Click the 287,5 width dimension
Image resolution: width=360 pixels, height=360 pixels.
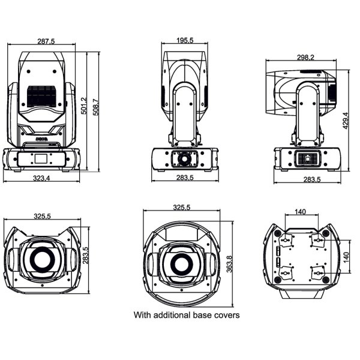click(46, 41)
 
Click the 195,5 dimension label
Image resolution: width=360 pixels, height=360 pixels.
click(184, 41)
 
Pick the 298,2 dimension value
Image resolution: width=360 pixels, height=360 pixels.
click(305, 58)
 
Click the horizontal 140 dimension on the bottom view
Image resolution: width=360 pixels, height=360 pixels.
click(301, 211)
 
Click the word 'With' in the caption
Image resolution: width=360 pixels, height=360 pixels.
click(142, 314)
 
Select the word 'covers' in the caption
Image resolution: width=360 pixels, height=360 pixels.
click(227, 314)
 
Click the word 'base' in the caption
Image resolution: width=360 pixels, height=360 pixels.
click(203, 314)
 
